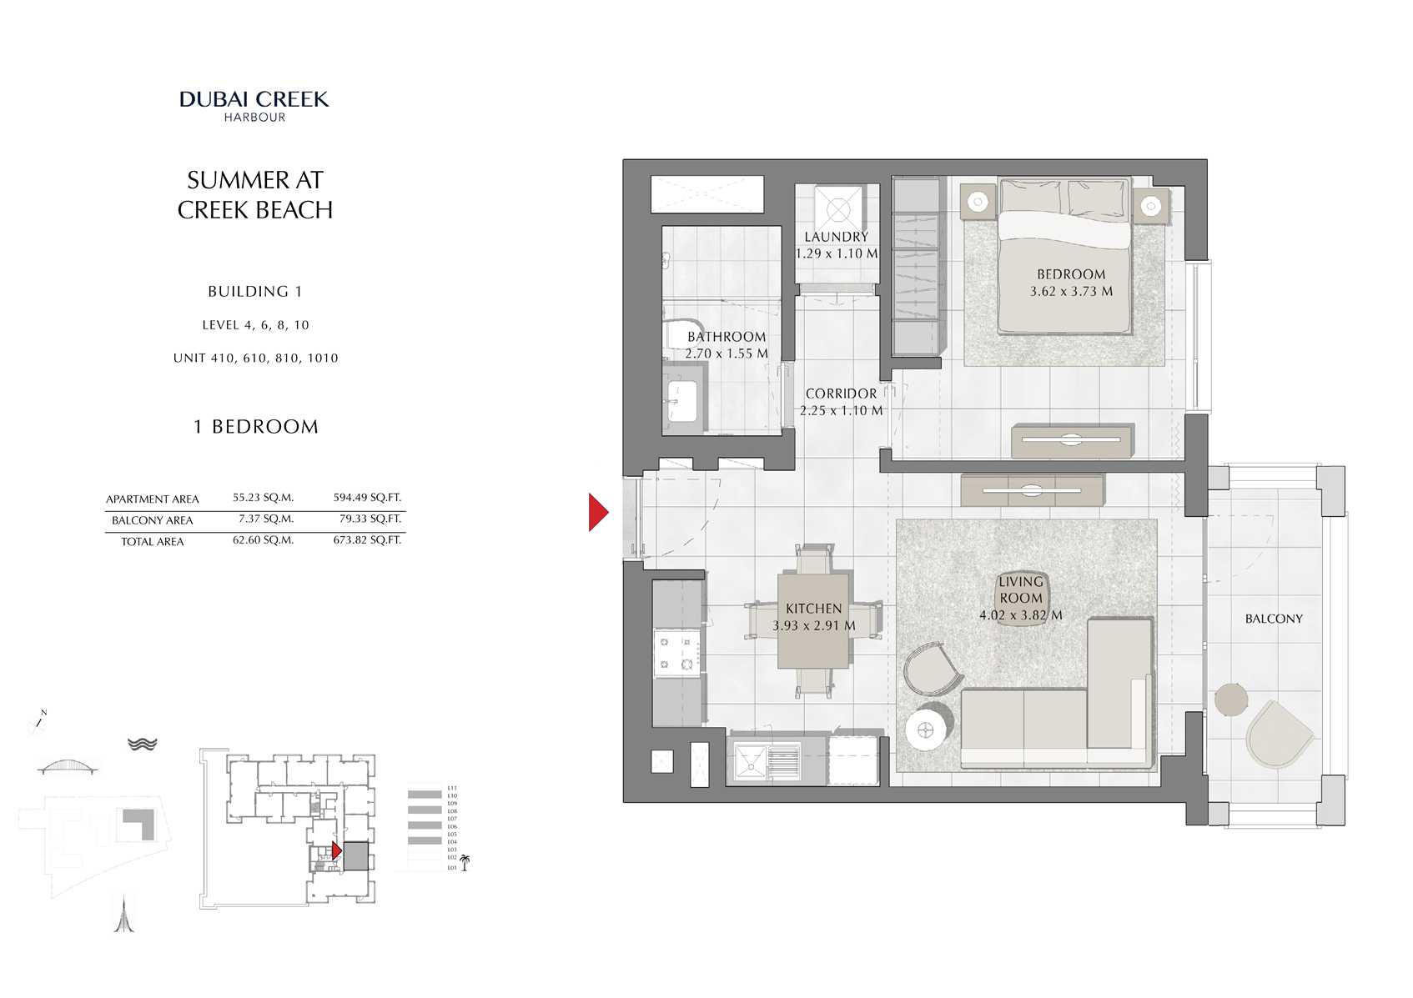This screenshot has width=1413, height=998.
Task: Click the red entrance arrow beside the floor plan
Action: [x=598, y=512]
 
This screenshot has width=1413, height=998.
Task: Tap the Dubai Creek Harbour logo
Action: [x=254, y=105]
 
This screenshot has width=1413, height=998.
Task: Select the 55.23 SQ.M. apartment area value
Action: [x=263, y=498]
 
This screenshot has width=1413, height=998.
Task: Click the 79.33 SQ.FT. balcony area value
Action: [x=367, y=519]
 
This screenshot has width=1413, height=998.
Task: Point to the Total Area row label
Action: [x=152, y=542]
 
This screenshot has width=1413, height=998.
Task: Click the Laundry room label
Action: [x=836, y=237]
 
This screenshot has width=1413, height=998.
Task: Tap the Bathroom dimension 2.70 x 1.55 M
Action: [x=726, y=354]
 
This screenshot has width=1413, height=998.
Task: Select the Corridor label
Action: [x=841, y=394]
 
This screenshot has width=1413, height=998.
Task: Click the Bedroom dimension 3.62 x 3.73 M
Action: [x=1071, y=292]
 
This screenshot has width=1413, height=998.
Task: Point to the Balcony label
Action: [x=1273, y=619]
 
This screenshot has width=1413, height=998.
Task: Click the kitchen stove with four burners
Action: [x=676, y=653]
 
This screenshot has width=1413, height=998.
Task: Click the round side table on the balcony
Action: [x=1230, y=700]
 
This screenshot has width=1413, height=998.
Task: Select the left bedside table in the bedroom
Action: [x=978, y=201]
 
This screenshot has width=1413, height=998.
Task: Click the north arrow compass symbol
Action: [x=38, y=720]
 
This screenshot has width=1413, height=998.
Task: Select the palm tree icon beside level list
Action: [x=465, y=862]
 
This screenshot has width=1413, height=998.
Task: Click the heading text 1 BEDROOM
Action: [x=255, y=427]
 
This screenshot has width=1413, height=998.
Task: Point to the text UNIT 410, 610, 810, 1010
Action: [x=255, y=359]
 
